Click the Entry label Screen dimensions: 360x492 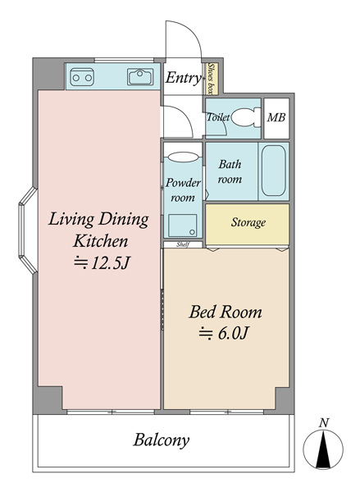(184, 78)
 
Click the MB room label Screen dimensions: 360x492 (276, 117)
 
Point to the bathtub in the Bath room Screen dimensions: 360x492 (274, 171)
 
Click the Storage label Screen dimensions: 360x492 (248, 222)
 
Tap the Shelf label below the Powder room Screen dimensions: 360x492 (182, 244)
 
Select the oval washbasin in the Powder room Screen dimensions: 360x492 (183, 157)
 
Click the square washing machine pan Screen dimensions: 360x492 (182, 225)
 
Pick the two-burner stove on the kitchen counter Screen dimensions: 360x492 (82, 77)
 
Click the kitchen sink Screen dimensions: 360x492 (140, 77)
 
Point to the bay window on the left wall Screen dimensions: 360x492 (28, 230)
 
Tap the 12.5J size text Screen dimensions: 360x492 (101, 263)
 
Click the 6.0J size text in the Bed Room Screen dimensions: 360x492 (224, 333)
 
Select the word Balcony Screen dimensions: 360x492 (162, 440)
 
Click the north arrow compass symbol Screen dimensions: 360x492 (323, 449)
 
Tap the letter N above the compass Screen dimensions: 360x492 (324, 423)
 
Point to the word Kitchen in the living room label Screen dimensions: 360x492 (100, 241)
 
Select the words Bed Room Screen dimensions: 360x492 (226, 312)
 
